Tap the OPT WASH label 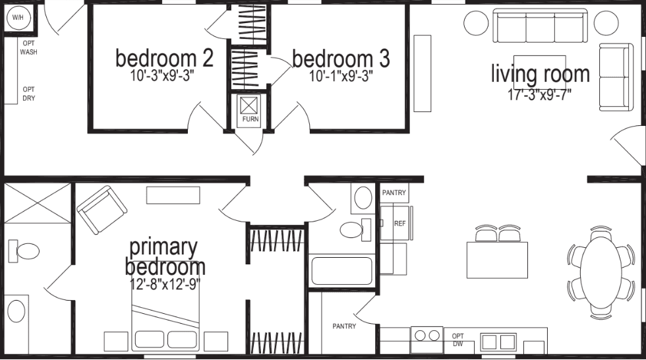[28, 47]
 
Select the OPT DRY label [28, 94]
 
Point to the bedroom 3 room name [340, 59]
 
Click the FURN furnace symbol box [250, 105]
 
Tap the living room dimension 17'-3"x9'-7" [539, 94]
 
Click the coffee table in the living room [539, 66]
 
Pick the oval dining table [601, 270]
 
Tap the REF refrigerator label [399, 224]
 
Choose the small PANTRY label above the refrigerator [395, 193]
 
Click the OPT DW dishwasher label [458, 340]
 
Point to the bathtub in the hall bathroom [342, 271]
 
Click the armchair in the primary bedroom [102, 209]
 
